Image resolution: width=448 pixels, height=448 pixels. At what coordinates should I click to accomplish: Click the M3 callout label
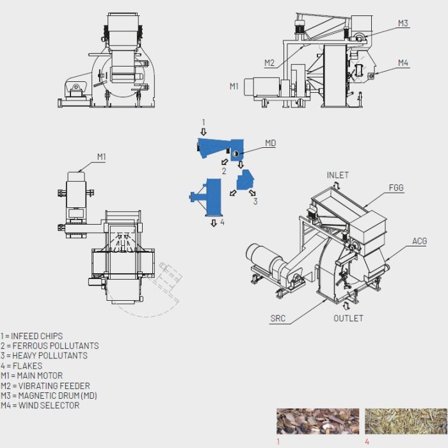coord(403,23)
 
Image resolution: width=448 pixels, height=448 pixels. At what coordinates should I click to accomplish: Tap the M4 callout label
coord(403,63)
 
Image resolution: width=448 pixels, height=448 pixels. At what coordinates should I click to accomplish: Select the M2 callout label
coord(269,63)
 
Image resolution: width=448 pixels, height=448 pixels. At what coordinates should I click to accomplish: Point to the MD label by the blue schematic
coord(271,143)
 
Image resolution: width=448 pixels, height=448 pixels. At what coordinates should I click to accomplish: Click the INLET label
coord(338,175)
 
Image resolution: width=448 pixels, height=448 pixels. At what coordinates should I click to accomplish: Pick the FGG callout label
coord(396,188)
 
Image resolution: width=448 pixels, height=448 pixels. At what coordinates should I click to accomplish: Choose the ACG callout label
coord(419,241)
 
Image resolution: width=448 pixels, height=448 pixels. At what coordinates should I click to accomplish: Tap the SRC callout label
coord(278,318)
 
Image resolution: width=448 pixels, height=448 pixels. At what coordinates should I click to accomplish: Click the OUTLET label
coord(348,318)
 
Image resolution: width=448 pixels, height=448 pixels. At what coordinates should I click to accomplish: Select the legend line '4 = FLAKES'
coord(22,366)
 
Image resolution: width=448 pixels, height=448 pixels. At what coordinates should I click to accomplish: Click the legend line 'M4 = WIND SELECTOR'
coord(40,406)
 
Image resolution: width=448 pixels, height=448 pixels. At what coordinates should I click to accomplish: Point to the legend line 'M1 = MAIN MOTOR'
coord(32,376)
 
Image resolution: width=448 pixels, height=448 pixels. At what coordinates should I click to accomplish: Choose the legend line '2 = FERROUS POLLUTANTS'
coord(50,346)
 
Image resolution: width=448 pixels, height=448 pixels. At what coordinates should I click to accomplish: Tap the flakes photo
coord(406,421)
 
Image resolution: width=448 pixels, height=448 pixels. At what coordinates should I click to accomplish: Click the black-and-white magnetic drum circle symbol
coord(235,153)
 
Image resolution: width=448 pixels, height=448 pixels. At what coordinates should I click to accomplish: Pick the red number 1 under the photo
coord(278,442)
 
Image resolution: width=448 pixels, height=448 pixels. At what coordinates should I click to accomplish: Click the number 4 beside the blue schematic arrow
coord(222,222)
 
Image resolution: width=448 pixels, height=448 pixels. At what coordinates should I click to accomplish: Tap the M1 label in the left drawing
coord(102,156)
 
